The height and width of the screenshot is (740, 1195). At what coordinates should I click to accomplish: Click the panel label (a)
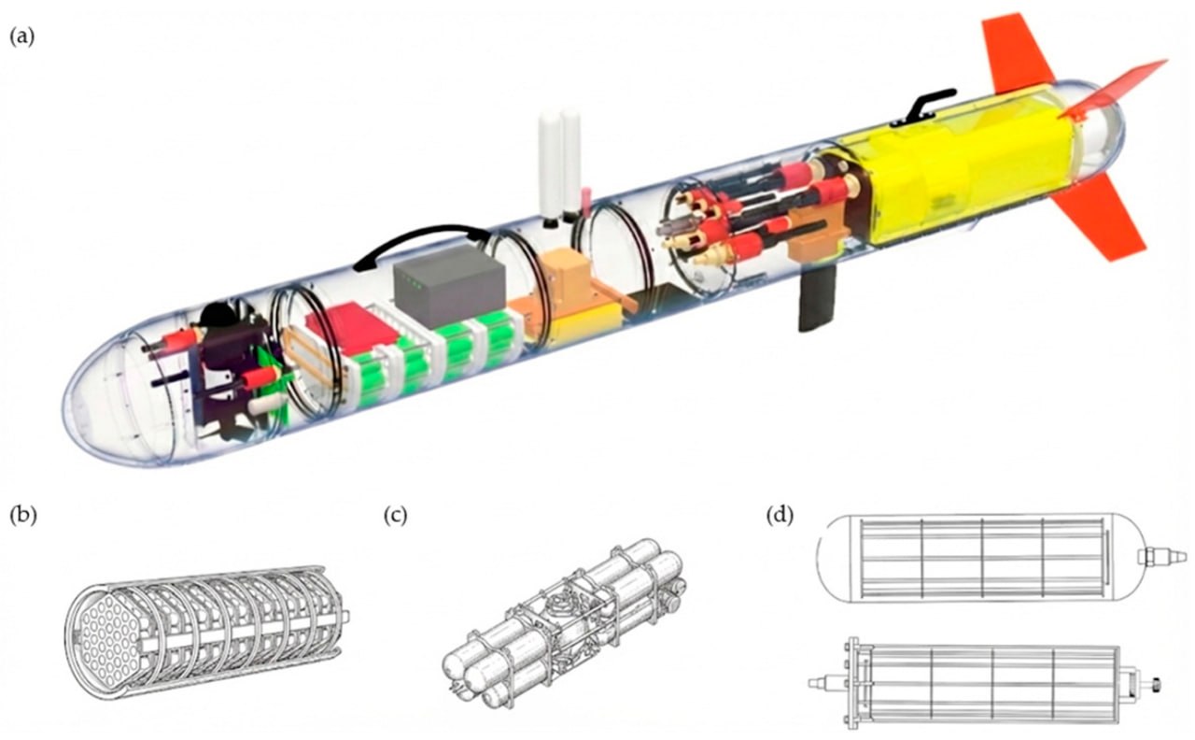click(x=21, y=37)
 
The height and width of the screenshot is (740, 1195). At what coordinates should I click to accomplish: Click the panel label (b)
click(x=23, y=516)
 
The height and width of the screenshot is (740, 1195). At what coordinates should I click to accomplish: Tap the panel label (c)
click(x=396, y=516)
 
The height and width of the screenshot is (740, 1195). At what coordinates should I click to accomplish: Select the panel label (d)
click(x=780, y=516)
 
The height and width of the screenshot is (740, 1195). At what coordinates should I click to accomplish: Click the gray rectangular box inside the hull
click(x=449, y=286)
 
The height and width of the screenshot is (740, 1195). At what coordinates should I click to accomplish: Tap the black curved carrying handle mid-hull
click(x=421, y=235)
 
